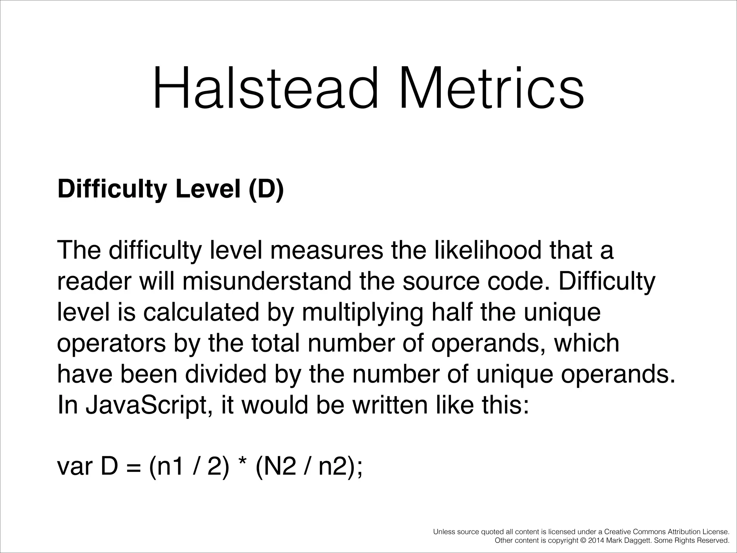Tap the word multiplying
(x=362, y=313)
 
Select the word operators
(x=112, y=344)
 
